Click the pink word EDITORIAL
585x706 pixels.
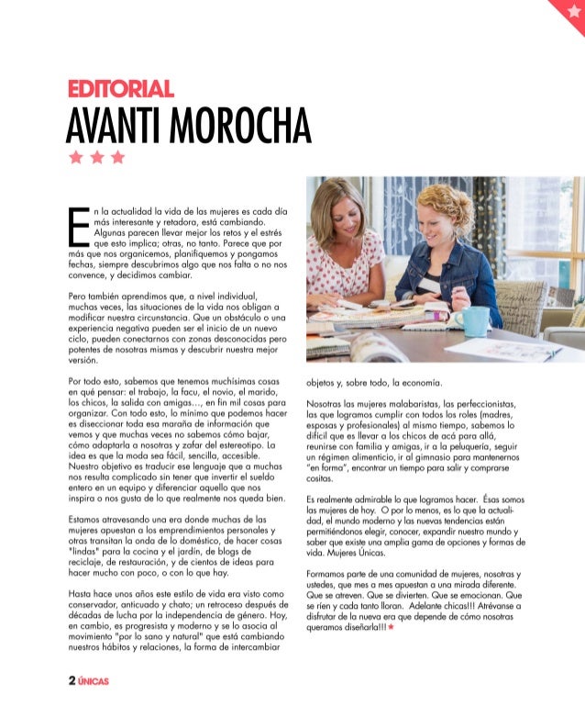point(120,89)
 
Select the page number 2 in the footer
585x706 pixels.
point(71,681)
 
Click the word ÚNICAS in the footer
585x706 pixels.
point(94,682)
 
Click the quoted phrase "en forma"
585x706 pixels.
point(329,466)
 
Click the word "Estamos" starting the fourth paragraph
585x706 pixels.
point(89,519)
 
